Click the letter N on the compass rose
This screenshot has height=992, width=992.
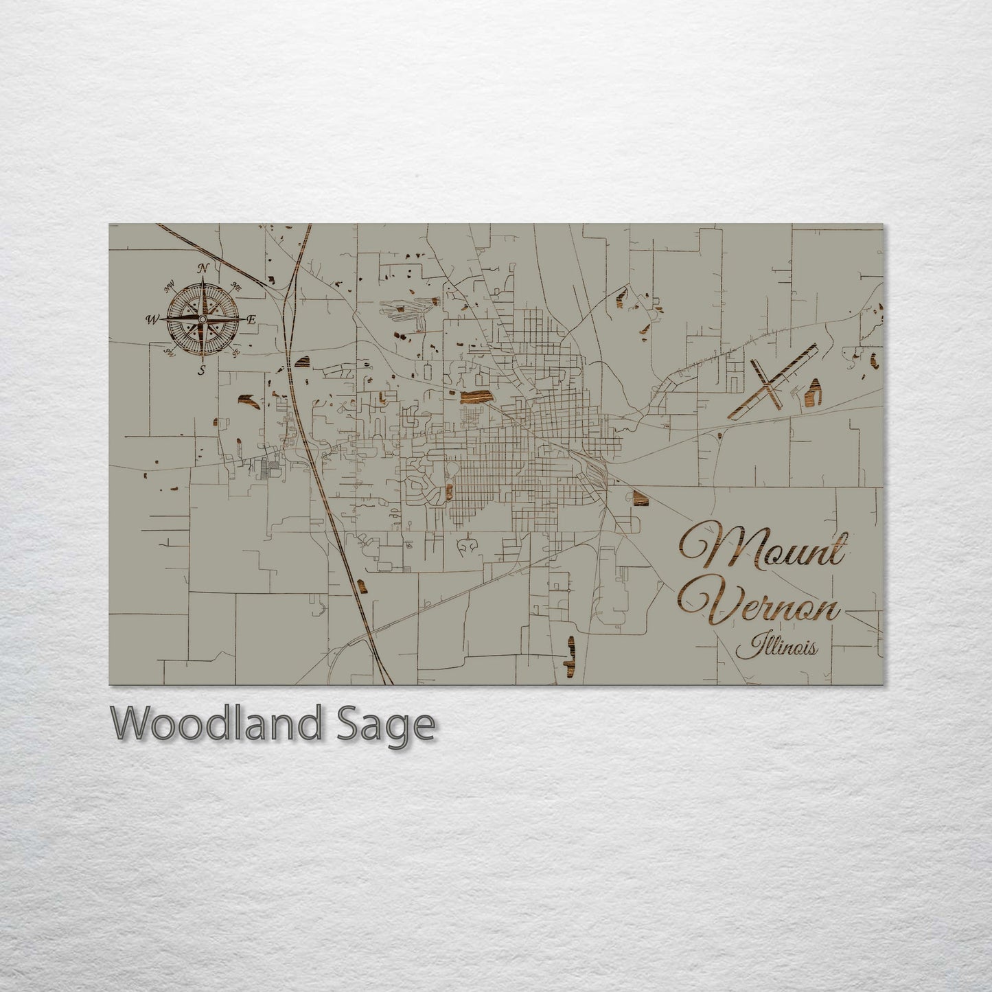(203, 269)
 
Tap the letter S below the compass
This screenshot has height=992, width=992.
(202, 371)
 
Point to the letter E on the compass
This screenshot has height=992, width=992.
(251, 319)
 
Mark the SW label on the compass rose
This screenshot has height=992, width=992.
(168, 353)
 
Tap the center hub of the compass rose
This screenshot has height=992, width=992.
(203, 320)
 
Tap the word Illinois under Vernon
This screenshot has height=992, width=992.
(776, 646)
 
